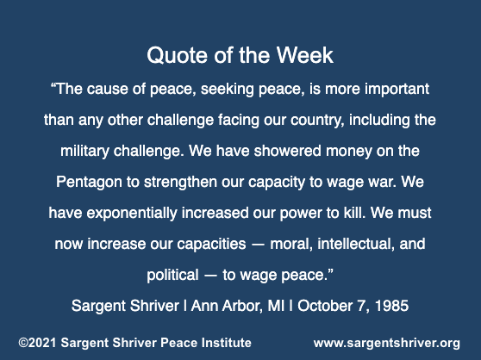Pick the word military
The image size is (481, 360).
pyautogui.click(x=84, y=152)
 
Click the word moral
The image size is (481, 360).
pyautogui.click(x=291, y=244)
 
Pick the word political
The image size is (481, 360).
pyautogui.click(x=172, y=275)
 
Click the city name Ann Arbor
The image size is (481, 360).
pyautogui.click(x=227, y=306)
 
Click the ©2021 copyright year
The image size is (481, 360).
pyautogui.click(x=37, y=343)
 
